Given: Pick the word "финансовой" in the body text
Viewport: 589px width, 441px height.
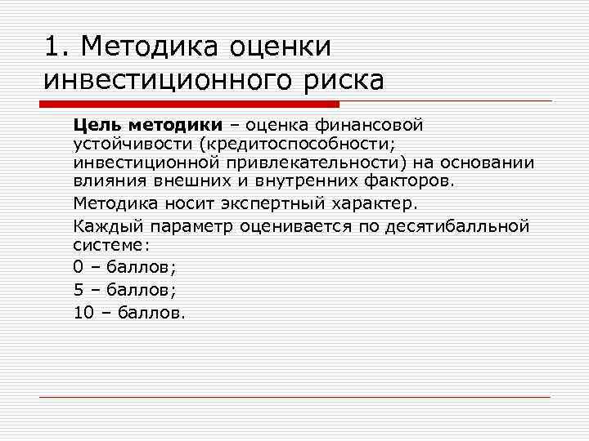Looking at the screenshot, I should (x=373, y=125).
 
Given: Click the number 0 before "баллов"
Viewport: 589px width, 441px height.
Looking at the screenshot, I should (x=79, y=266).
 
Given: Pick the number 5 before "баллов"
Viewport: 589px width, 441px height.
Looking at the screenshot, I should (x=79, y=288).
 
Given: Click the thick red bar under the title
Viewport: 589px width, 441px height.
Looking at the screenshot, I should (x=188, y=104).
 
